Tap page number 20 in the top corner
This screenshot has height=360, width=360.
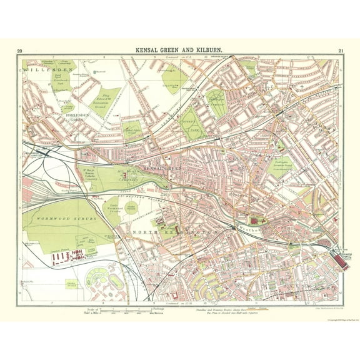[20, 51]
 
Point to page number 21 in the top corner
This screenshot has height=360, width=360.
[340, 51]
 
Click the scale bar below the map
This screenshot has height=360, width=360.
[125, 310]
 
